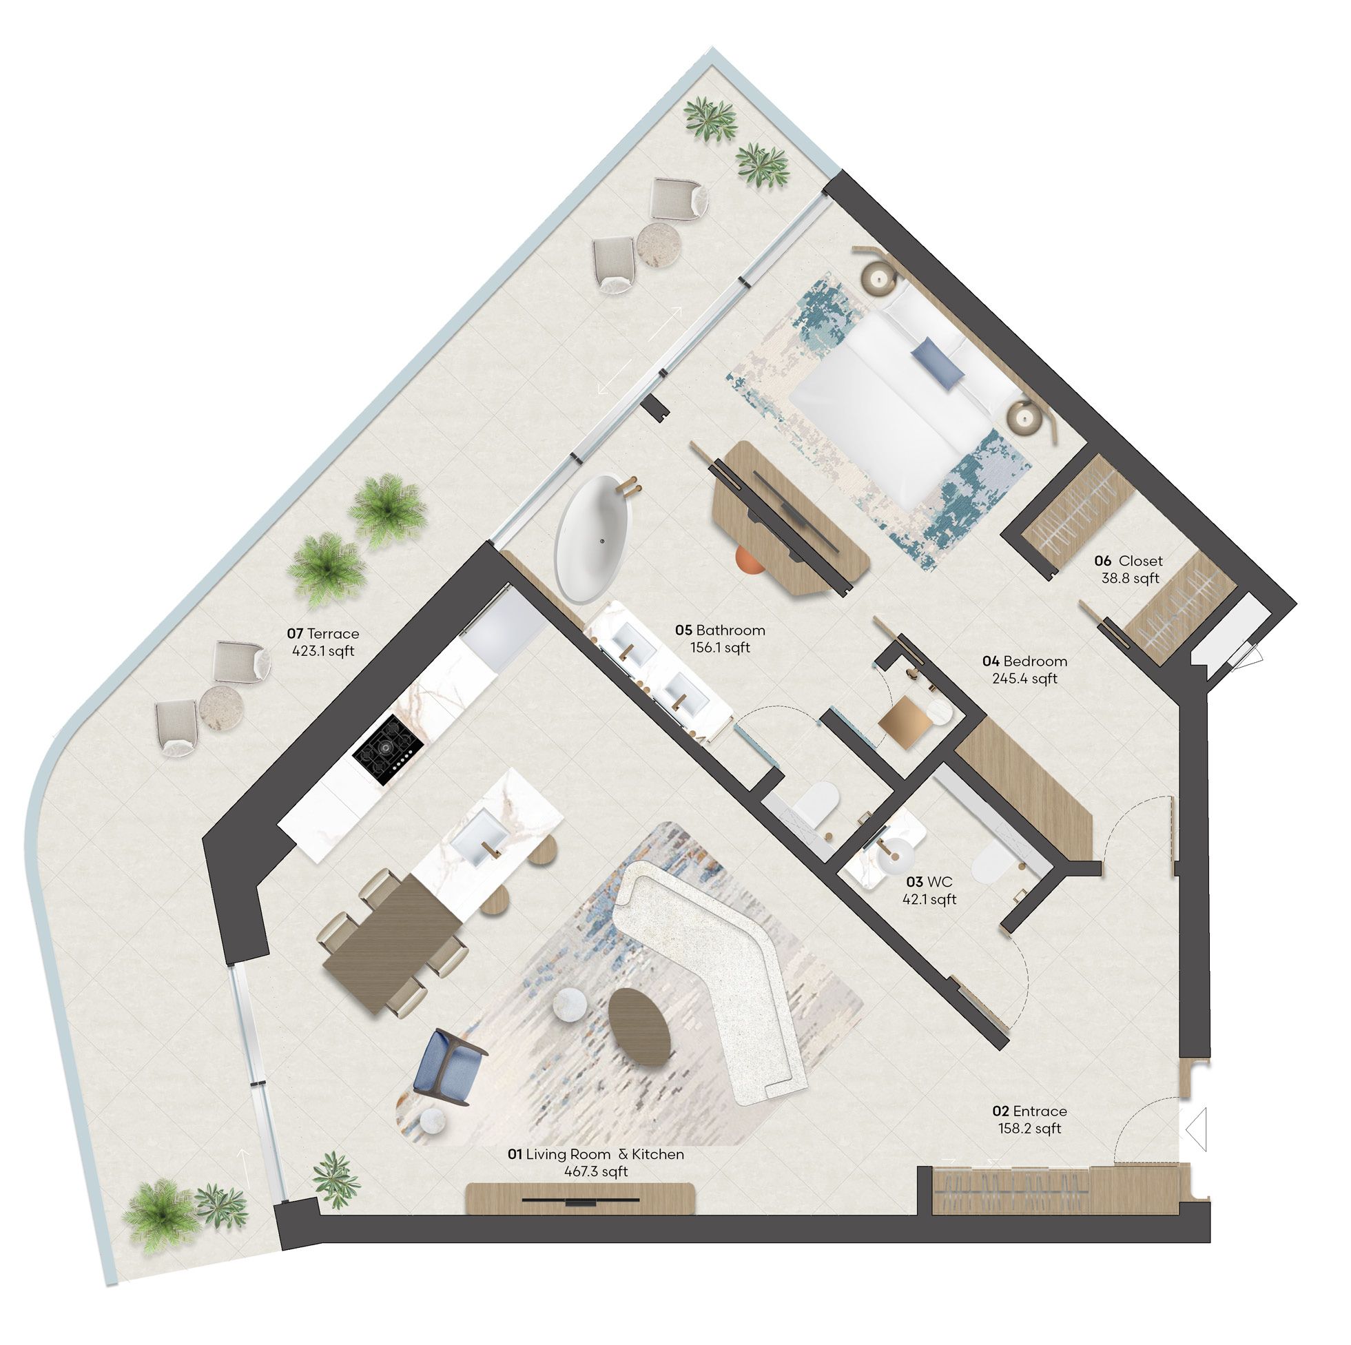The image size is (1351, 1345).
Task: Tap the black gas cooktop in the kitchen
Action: point(389,741)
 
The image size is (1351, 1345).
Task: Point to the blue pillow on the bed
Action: point(938,362)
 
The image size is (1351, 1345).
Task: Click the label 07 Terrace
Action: point(323,634)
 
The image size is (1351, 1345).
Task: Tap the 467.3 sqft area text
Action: point(596,1171)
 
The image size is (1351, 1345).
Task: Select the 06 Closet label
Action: point(1128,561)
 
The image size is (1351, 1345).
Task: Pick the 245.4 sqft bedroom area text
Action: point(1024,679)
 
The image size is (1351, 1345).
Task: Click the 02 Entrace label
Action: point(1029,1111)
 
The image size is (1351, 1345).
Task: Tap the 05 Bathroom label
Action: point(720,630)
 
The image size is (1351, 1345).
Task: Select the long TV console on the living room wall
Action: point(580,1199)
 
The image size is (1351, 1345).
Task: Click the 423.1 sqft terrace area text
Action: point(323,651)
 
